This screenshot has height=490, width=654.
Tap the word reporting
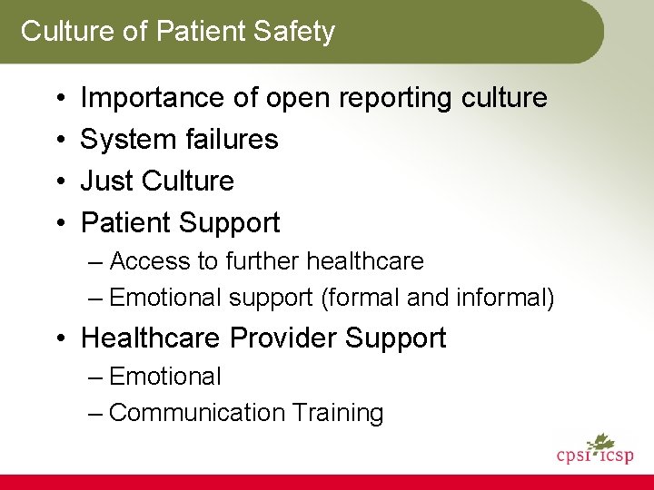392,97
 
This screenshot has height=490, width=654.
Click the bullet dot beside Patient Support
57,223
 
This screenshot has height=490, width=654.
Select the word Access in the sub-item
151,261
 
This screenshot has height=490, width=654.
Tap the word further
262,261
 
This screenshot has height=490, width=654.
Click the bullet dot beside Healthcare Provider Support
57,339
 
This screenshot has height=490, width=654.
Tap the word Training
338,413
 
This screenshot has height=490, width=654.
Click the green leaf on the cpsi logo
599,443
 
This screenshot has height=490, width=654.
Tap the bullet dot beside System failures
57,140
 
